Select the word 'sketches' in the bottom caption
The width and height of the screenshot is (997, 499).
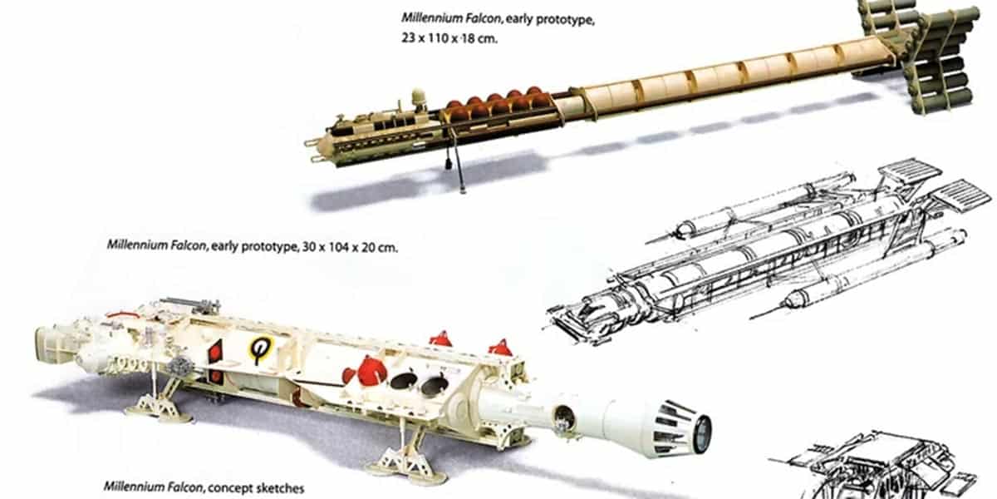coord(277,487)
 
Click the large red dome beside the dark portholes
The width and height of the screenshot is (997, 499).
coord(371,369)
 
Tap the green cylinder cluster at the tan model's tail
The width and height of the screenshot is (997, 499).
coord(939,54)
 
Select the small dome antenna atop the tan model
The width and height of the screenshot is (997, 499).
coord(418,96)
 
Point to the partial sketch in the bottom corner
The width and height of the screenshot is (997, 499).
coord(881,466)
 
